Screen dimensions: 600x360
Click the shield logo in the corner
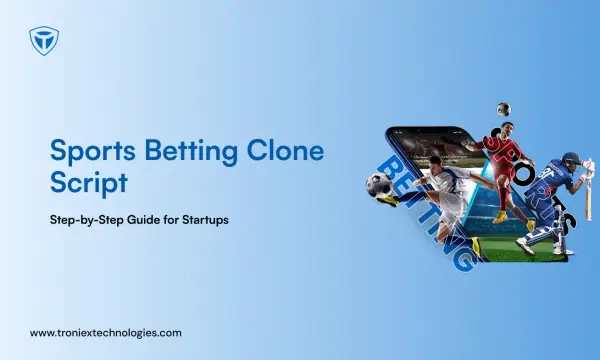click(44, 41)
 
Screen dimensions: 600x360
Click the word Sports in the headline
click(93, 151)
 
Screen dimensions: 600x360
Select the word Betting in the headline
click(191, 151)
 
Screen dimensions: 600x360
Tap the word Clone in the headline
click(285, 150)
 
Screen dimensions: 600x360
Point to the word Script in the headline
click(89, 184)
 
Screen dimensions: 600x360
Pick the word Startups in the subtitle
click(205, 220)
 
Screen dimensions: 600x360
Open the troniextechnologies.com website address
click(106, 333)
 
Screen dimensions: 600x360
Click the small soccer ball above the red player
click(504, 109)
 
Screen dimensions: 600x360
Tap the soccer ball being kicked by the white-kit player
click(379, 185)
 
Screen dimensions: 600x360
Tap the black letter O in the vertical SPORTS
click(524, 176)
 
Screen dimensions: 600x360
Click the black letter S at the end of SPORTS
click(567, 222)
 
